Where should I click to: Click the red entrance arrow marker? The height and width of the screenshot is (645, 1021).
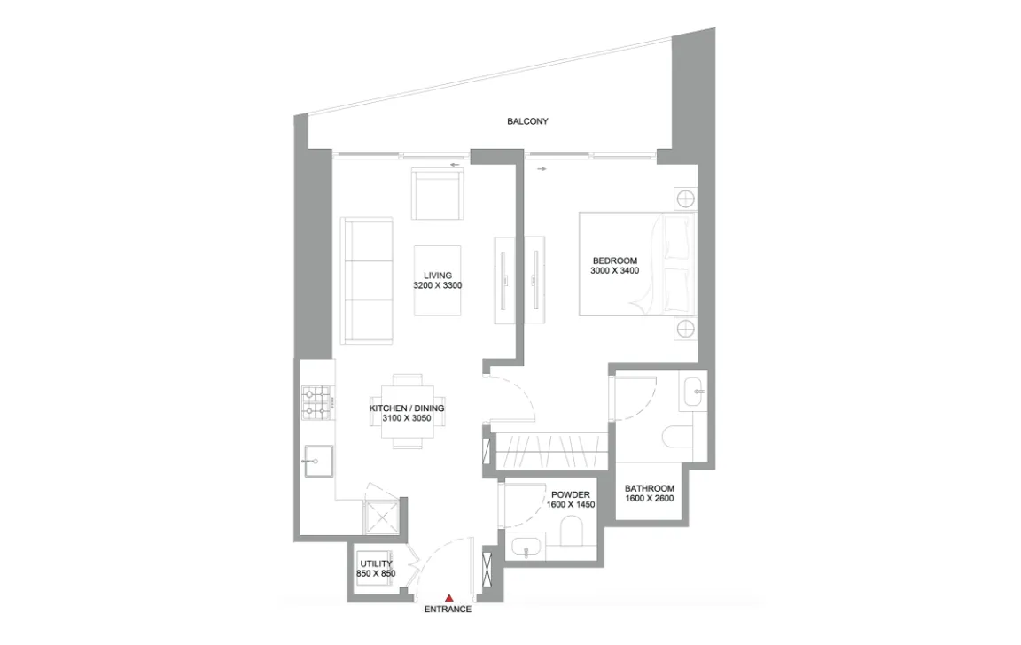[449, 598]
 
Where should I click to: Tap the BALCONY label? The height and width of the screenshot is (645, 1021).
[527, 121]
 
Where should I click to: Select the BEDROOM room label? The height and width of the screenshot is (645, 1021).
[614, 260]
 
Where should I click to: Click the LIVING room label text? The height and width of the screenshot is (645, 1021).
[438, 276]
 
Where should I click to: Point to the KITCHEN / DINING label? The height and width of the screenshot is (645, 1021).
[407, 408]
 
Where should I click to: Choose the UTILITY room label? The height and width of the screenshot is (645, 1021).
[375, 563]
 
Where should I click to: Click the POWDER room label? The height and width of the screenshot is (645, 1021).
[571, 494]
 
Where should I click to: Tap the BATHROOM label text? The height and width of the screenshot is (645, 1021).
[650, 488]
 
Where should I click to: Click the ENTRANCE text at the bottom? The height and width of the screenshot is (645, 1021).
[448, 610]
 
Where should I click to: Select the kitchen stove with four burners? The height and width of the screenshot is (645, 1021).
[316, 401]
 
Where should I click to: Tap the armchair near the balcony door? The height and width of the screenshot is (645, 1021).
[437, 196]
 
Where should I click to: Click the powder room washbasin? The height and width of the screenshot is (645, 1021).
[529, 547]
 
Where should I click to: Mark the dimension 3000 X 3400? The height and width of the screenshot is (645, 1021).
[614, 270]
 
